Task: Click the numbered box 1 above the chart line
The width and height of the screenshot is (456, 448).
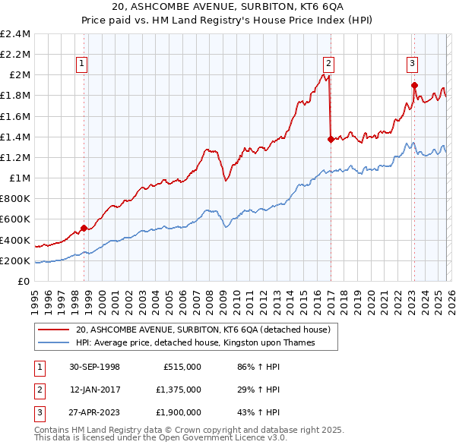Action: tap(81, 64)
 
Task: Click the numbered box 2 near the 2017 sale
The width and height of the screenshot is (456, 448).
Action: tap(328, 64)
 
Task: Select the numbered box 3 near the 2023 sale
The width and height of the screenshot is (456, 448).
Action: tap(411, 64)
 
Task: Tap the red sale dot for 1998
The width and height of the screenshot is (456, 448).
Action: tap(84, 228)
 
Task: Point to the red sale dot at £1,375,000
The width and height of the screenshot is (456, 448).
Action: tap(330, 139)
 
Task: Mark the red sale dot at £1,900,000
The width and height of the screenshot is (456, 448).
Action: tap(414, 85)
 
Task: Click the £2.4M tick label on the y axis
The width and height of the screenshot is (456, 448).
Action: tap(15, 34)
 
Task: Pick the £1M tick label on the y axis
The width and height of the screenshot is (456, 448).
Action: tap(18, 178)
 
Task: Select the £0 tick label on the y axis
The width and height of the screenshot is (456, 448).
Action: tap(23, 281)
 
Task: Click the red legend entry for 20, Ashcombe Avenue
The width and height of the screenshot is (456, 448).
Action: tap(202, 330)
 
